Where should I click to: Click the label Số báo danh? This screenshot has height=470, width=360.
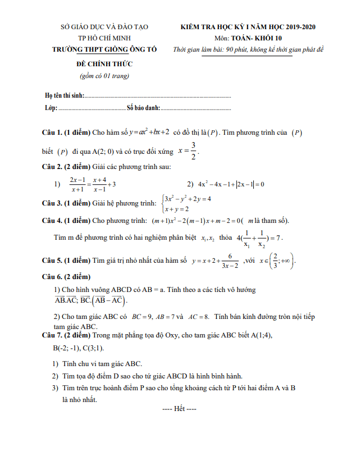(x=144, y=107)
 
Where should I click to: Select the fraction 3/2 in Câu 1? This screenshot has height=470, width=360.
(x=193, y=151)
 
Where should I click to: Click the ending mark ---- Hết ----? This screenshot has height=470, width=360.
(x=179, y=409)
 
